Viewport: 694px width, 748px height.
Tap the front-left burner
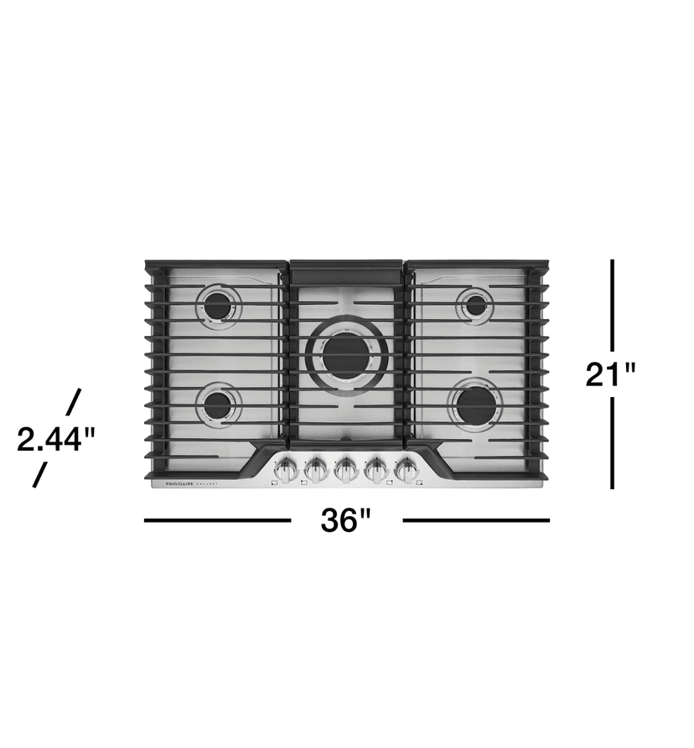point(219,405)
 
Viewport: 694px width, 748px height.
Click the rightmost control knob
point(407,470)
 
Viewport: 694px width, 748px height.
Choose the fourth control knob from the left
point(377,470)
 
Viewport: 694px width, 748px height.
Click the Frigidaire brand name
point(173,485)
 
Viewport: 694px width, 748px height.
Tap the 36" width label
point(345,521)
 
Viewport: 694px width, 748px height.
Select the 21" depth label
point(612,374)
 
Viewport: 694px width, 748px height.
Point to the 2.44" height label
point(57,439)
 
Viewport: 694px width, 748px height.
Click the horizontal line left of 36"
point(217,520)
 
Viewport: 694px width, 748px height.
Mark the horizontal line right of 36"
point(476,520)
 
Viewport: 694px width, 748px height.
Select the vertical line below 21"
point(613,442)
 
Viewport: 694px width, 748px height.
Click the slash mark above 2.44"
point(73,401)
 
